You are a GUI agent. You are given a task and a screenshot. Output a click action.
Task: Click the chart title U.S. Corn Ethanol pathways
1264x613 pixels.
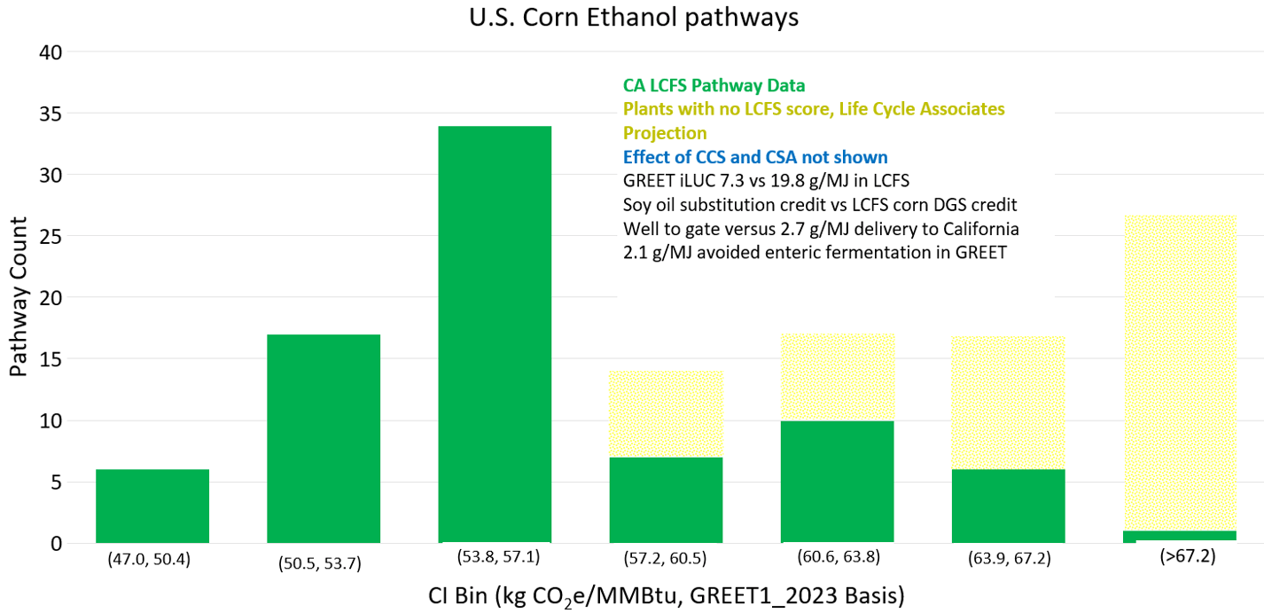pos(633,17)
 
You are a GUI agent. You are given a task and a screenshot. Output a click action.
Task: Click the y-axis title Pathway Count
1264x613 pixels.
pos(19,298)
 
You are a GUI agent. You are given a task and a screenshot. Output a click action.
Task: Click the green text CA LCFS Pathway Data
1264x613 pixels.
pos(714,85)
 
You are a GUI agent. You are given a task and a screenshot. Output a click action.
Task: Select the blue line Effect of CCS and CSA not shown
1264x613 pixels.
pos(755,157)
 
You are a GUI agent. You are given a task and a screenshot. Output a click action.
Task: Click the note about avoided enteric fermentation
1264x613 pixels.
pos(815,252)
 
